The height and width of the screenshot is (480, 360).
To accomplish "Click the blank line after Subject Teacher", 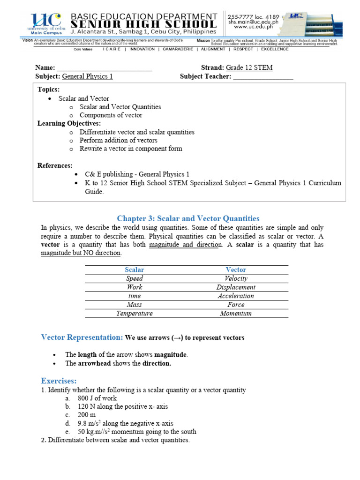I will pos(263,77).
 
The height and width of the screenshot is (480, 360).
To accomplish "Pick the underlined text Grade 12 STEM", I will pos(249,68).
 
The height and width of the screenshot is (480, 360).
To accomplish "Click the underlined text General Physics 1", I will pos(87,77).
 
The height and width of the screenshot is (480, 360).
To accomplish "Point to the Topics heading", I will pos(49,90).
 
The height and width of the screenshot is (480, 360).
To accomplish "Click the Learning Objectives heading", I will pos(69,124).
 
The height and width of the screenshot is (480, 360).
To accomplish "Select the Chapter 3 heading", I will pos(188,218).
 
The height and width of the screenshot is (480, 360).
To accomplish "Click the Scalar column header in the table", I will pos(135,270).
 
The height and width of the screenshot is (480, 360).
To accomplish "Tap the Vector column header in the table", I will pos(236,270).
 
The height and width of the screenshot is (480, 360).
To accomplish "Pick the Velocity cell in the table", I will pos(236,278).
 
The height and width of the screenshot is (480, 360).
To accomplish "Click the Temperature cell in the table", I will pos(135,314).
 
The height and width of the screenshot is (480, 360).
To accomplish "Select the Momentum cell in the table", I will pos(236,314).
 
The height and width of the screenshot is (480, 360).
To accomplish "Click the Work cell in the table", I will pos(135,287).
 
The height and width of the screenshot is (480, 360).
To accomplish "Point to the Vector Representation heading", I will pos(82,337).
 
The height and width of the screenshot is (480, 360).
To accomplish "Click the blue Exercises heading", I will pos(59,381).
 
